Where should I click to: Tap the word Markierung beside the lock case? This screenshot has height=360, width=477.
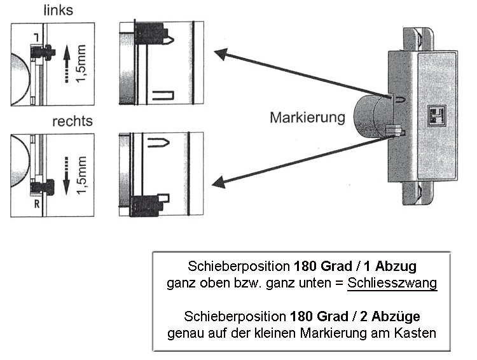pyautogui.click(x=307, y=118)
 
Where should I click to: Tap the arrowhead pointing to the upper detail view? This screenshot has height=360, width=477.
pyautogui.click(x=220, y=53)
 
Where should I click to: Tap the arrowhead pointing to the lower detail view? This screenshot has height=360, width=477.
pyautogui.click(x=218, y=184)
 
